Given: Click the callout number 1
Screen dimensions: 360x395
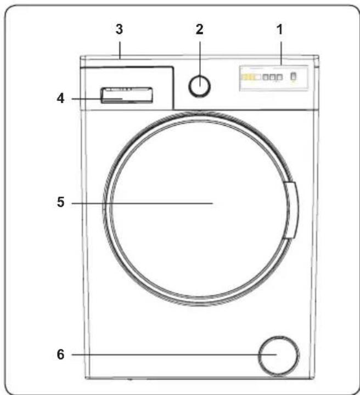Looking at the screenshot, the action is pyautogui.click(x=280, y=30).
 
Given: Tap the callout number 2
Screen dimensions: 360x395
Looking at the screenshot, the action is pyautogui.click(x=200, y=30).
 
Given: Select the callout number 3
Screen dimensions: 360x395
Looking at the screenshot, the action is pyautogui.click(x=119, y=29).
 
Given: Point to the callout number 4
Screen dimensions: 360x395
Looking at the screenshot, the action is pyautogui.click(x=60, y=98).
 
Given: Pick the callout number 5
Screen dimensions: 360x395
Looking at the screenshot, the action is pyautogui.click(x=60, y=202).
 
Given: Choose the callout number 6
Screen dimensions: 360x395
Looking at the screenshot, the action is pyautogui.click(x=60, y=354).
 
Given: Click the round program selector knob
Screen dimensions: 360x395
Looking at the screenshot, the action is pyautogui.click(x=200, y=86).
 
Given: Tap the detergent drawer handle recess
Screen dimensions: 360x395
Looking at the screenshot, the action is pyautogui.click(x=127, y=95).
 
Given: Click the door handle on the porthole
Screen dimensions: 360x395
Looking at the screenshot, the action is pyautogui.click(x=290, y=210).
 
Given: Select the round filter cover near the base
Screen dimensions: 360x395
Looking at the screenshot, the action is pyautogui.click(x=279, y=355).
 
